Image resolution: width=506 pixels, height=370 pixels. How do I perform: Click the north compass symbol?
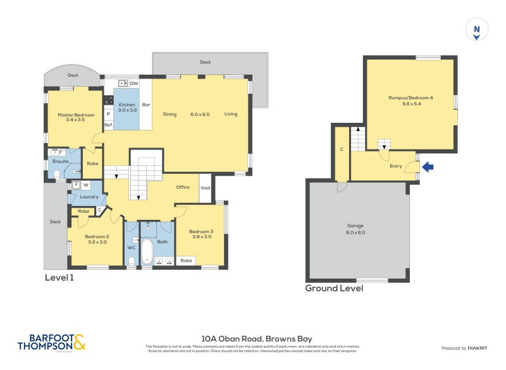(x=477, y=29)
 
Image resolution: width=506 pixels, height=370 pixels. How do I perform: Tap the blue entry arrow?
(x=428, y=167)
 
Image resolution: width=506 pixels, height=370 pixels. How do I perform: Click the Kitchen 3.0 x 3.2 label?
(x=126, y=107)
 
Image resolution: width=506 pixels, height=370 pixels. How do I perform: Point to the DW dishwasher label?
(x=133, y=84)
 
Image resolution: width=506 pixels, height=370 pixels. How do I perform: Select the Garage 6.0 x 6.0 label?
(x=355, y=229)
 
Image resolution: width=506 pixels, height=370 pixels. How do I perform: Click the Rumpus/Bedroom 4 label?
(x=410, y=101)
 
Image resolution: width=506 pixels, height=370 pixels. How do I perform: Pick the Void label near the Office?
(x=205, y=188)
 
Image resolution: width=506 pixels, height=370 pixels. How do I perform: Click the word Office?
(x=183, y=187)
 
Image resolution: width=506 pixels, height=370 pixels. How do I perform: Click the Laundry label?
(x=89, y=196)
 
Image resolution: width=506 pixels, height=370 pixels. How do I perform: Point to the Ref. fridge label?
(x=108, y=125)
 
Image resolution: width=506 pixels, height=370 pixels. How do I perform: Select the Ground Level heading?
(x=334, y=288)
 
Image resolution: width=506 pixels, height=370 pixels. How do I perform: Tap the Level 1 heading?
(x=60, y=277)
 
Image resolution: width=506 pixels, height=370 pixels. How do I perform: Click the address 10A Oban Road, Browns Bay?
(x=256, y=339)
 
